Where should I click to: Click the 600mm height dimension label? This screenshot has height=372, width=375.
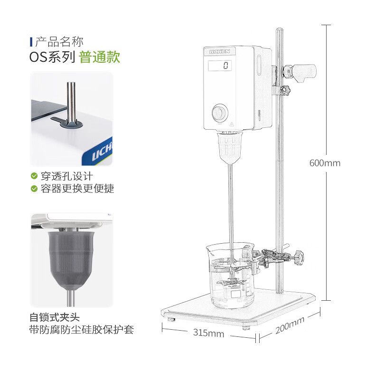point(325,163)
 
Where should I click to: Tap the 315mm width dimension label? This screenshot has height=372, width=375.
point(208,333)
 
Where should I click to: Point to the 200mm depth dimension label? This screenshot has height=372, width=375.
point(290,325)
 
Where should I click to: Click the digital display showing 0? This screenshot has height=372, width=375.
point(220,66)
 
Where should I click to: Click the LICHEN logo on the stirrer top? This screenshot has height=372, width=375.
point(220,51)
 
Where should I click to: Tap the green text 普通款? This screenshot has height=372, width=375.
point(99,57)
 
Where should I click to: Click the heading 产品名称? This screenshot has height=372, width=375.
point(59,42)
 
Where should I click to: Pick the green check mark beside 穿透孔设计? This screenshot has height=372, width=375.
point(34,176)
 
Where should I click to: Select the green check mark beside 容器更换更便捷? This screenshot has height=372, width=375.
point(34,189)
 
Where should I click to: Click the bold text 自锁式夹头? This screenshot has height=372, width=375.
point(55,317)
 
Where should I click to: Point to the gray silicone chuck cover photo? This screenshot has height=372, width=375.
point(72,260)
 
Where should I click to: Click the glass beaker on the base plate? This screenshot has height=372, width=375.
point(231,275)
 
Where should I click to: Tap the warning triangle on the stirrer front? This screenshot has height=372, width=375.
point(232,124)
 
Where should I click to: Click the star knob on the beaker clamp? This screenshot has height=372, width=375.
point(299,258)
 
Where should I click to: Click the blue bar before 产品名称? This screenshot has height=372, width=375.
point(31,42)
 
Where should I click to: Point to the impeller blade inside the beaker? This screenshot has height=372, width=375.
point(232,283)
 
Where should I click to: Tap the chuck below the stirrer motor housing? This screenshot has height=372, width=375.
point(230,147)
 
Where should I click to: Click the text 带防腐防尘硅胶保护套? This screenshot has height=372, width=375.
point(82,330)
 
